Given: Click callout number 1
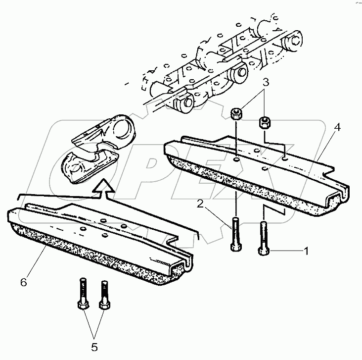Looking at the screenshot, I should pos(306,252).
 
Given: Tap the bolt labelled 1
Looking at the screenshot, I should pos(263,238).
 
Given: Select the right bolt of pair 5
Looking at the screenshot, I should pos(103,296).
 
